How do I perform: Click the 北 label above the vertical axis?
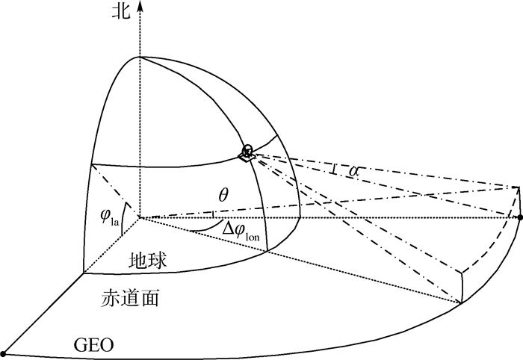click(x=120, y=10)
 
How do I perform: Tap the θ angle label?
click(x=223, y=196)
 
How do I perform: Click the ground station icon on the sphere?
click(x=246, y=152)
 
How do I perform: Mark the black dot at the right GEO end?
click(x=520, y=217)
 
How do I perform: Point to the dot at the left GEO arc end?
click(x=4, y=353)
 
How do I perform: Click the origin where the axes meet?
click(x=139, y=218)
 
